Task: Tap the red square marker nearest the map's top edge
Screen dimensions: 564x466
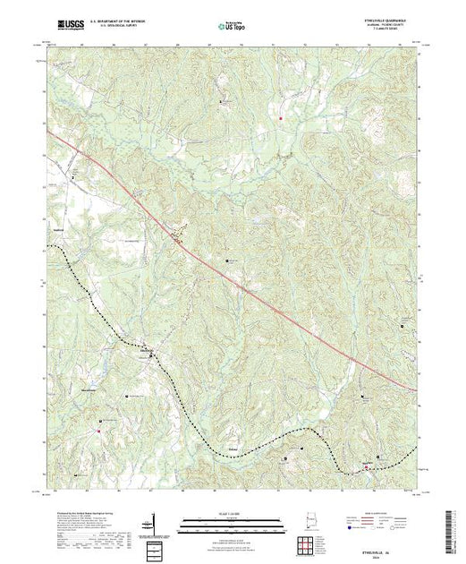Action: (x=280, y=117)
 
